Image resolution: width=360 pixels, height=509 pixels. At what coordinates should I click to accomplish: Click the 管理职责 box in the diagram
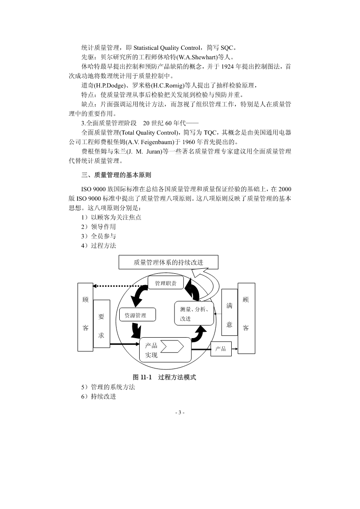(165, 284)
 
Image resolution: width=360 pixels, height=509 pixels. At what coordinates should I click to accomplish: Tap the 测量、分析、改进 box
(194, 313)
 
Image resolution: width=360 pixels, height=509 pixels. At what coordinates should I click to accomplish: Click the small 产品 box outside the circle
(221, 349)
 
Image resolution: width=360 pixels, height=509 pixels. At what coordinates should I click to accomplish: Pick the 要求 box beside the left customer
(102, 324)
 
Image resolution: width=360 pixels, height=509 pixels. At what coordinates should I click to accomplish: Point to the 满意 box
(229, 312)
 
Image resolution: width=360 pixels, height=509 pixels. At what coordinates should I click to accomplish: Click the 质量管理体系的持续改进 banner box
(168, 262)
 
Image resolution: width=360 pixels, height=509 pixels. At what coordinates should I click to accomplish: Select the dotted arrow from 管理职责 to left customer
(120, 286)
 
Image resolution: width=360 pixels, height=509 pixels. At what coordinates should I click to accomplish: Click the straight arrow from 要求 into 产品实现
(124, 344)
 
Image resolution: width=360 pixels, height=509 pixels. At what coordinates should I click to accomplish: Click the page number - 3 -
(180, 412)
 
